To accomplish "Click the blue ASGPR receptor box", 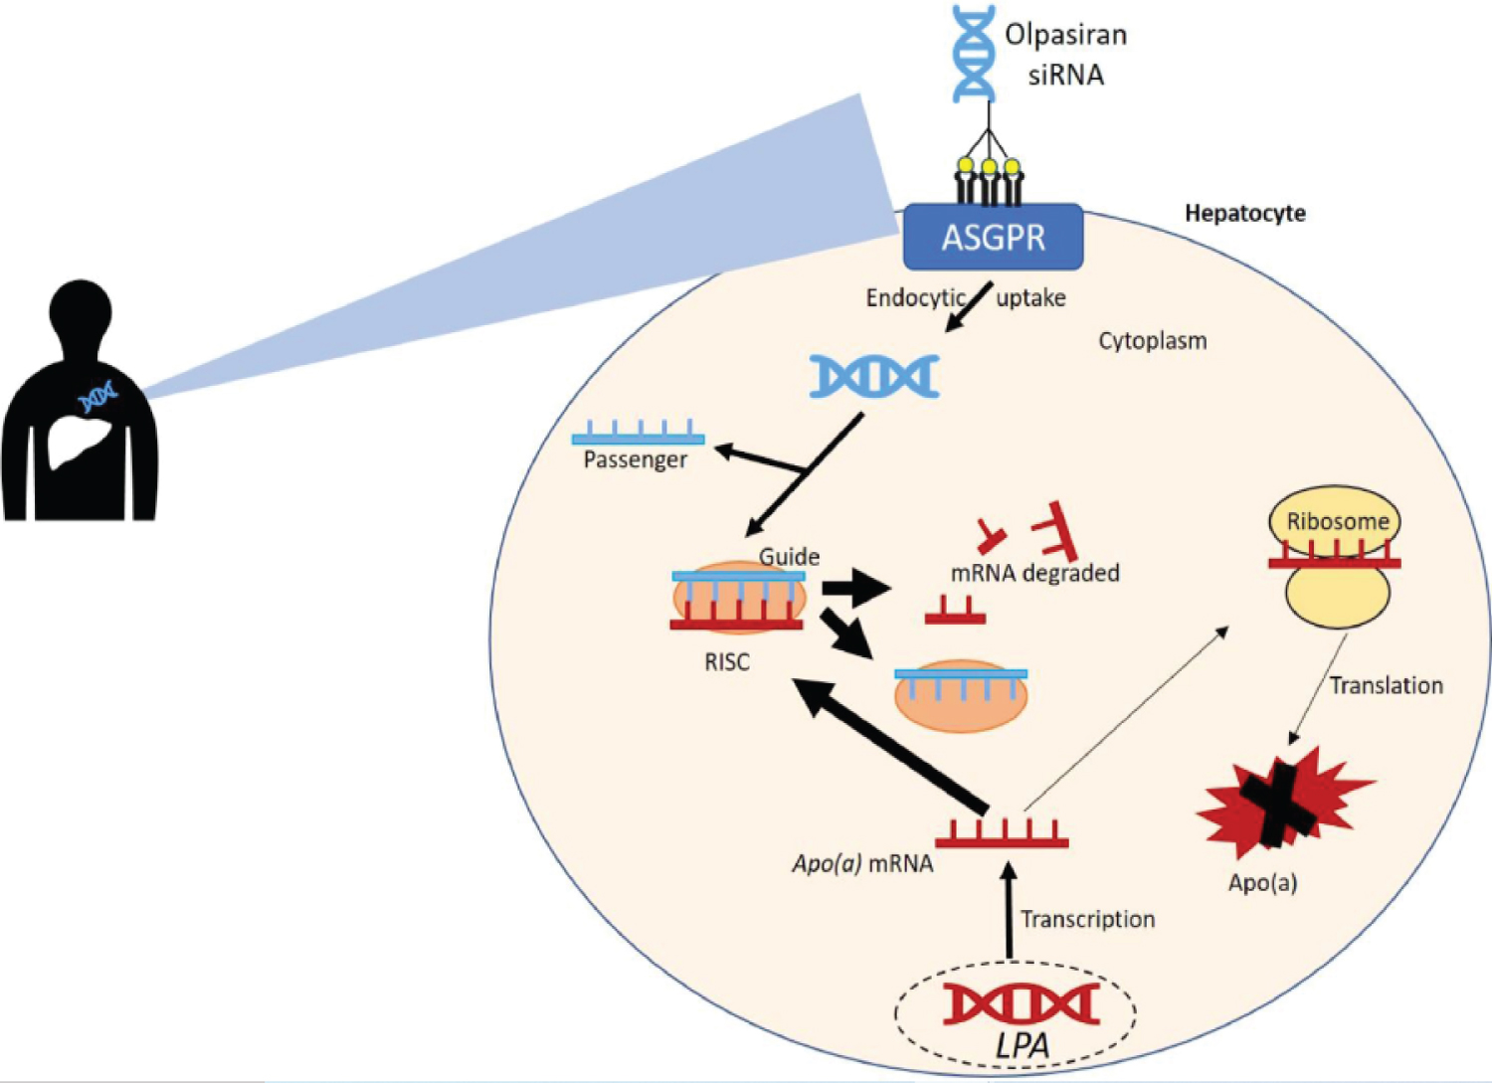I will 993,238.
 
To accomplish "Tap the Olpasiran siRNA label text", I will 1065,55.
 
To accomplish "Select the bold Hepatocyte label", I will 1244,213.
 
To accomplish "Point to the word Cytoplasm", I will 1152,341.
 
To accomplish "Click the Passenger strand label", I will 635,460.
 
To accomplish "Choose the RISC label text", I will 727,662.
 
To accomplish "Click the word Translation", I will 1386,685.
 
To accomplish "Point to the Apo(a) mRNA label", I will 862,863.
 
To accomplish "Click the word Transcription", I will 1087,919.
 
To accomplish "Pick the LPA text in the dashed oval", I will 1023,1045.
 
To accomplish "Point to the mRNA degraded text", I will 1034,573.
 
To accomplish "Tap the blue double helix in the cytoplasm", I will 874,377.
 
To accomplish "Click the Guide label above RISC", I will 789,557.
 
